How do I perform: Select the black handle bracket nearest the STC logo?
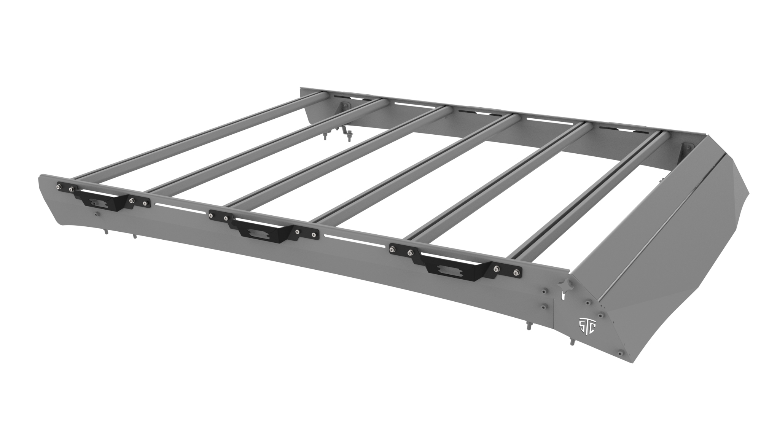tap(455, 263)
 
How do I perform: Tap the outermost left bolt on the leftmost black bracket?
tap(60, 186)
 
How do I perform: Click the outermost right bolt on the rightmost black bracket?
tap(516, 272)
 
